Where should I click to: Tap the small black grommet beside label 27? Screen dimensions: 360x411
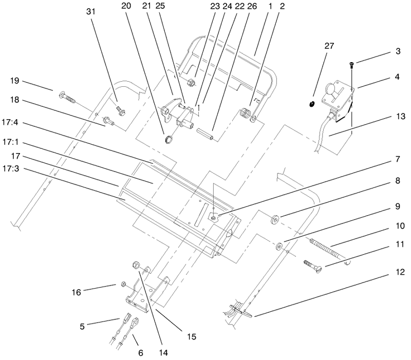[311, 105]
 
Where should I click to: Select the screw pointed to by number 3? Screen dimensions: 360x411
[351, 64]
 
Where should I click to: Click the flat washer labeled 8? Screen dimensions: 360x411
[276, 220]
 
